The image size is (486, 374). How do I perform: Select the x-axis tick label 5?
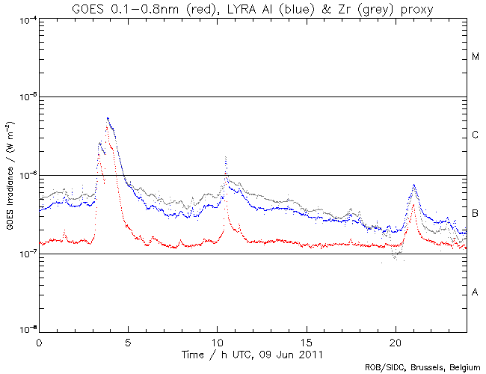point(128,340)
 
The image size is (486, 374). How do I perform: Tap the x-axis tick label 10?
point(217,340)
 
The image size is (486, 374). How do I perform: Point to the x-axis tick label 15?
point(306,340)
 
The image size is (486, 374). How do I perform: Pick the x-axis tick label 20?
point(395,340)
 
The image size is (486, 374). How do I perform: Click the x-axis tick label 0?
point(39,340)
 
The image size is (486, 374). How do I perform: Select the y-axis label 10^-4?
point(26,18)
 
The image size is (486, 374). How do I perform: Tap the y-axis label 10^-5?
point(26,96)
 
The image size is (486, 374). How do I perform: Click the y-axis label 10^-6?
point(26,175)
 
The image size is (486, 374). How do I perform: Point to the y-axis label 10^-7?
point(26,254)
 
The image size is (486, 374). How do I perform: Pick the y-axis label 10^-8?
point(26,329)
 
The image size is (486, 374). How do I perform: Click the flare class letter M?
point(476,57)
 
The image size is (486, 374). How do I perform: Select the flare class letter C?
point(476,135)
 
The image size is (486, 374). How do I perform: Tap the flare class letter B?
point(476,215)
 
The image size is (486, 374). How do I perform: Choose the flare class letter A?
point(476,292)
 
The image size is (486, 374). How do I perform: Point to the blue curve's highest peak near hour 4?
point(108,118)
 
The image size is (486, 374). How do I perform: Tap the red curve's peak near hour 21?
point(413,203)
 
